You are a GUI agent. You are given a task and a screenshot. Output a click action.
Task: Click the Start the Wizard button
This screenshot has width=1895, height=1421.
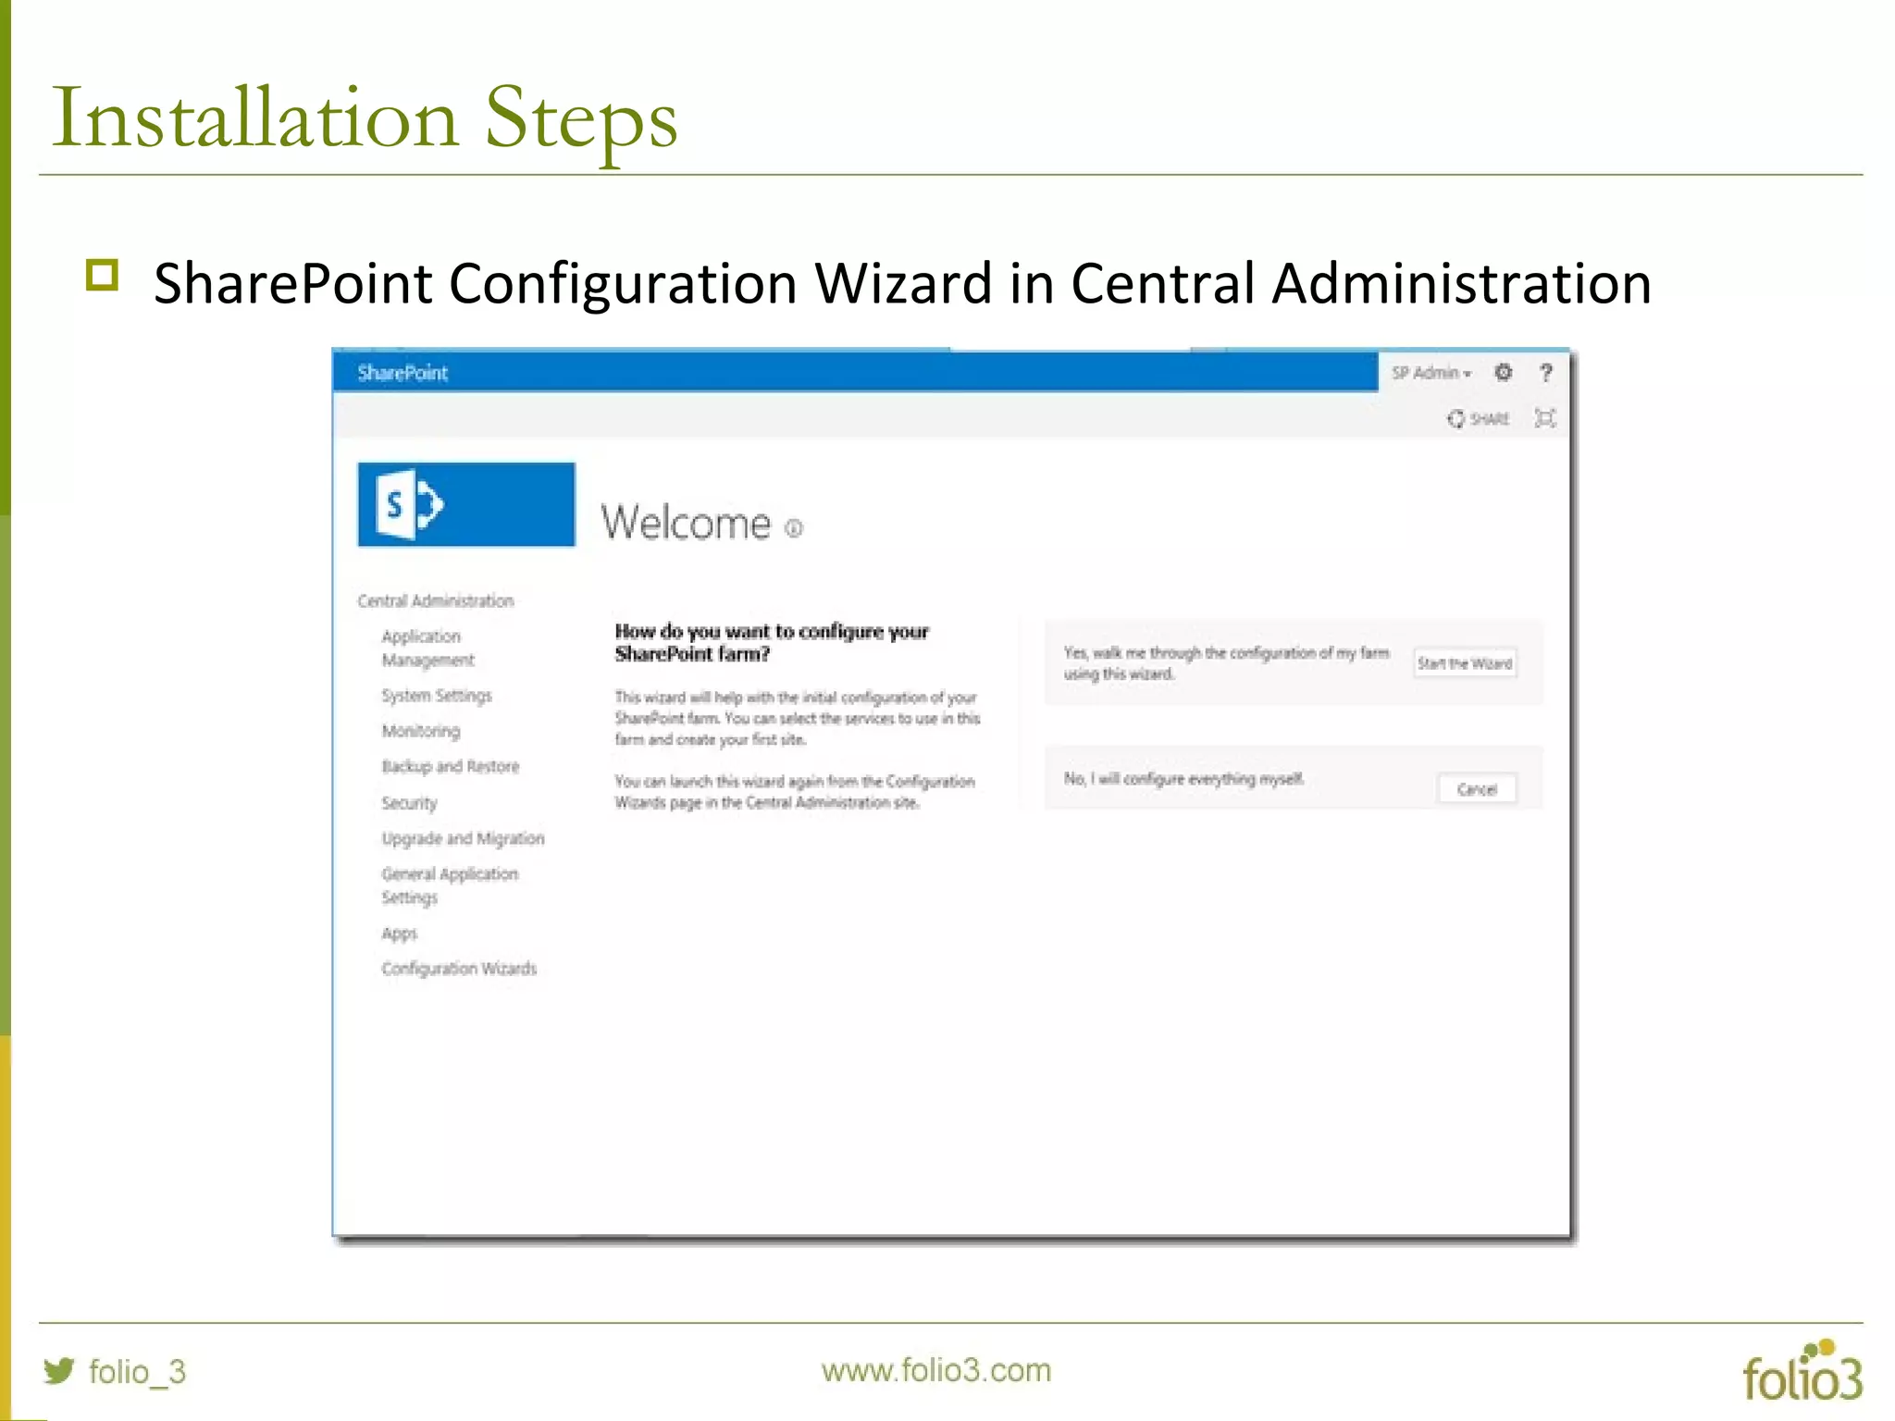pos(1464,663)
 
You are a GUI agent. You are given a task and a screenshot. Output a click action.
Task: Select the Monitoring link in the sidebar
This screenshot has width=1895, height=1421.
pos(421,731)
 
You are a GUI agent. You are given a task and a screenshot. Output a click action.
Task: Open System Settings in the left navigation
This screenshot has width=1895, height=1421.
pos(437,696)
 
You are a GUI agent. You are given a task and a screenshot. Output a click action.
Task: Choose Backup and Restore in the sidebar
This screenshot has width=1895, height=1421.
pos(451,766)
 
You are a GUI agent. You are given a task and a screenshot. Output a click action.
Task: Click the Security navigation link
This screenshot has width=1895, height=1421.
pos(409,803)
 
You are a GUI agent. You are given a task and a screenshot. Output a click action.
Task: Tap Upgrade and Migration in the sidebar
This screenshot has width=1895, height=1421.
pos(463,838)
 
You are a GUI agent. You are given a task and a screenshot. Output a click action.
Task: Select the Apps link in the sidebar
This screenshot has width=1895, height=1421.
pos(399,933)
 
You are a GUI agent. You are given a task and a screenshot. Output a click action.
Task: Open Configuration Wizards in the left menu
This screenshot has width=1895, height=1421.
pos(459,969)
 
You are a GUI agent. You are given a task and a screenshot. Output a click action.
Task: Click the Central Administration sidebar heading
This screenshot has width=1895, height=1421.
pos(435,601)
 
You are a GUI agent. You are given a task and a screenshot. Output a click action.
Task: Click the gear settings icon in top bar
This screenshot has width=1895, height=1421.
pos(1504,372)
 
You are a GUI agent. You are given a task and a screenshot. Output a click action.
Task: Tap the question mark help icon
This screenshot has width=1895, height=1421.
pos(1545,373)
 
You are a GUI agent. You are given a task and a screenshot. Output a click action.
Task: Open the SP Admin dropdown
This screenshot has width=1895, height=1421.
pos(1431,373)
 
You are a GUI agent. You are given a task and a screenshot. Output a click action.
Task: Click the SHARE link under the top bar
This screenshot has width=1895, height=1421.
pos(1479,419)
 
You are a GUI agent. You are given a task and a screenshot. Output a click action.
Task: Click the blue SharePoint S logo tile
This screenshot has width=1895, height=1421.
pos(465,504)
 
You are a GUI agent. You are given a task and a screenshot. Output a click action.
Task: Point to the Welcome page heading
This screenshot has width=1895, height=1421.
pos(686,523)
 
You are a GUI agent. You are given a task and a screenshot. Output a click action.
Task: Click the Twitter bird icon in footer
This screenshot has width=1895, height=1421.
pos(59,1370)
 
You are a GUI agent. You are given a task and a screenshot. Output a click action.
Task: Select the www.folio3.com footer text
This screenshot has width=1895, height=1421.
pos(936,1370)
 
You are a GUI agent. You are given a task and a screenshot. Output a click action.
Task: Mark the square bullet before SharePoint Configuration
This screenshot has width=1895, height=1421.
pos(102,276)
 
